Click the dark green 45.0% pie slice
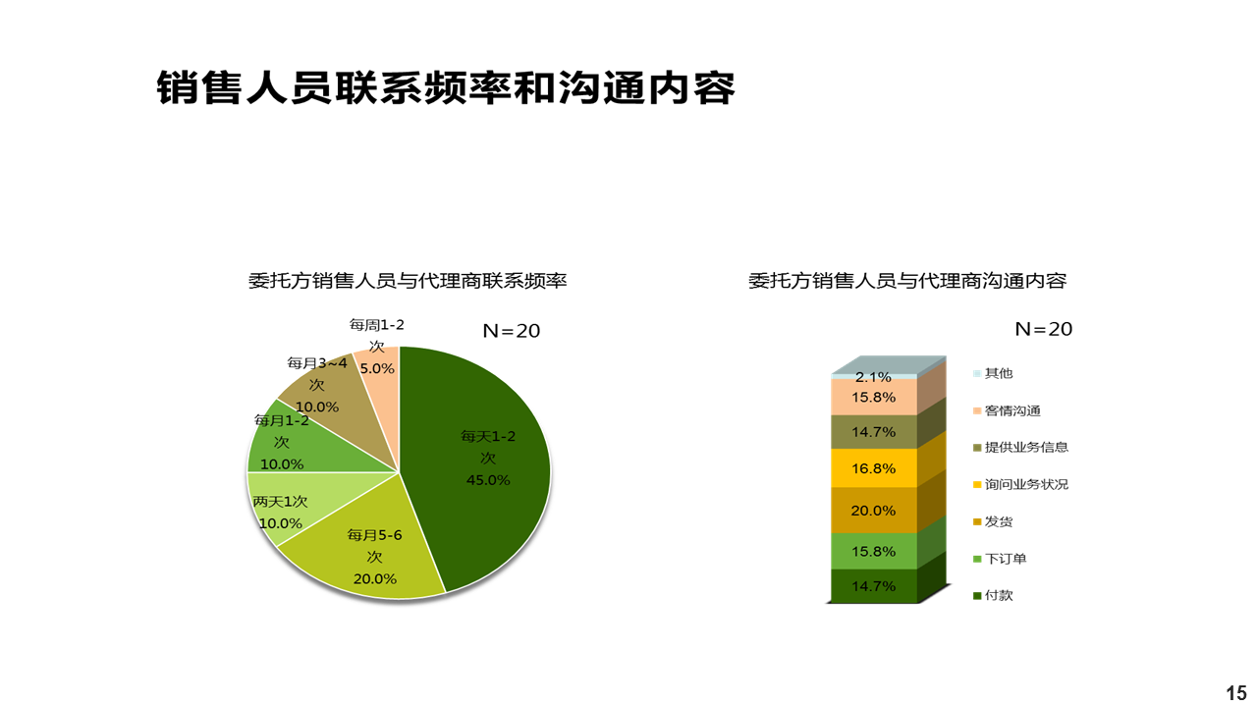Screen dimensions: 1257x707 point(482,465)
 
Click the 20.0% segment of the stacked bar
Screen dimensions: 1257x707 point(874,510)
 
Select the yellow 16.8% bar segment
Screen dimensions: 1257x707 point(874,468)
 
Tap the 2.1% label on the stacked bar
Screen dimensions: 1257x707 point(873,377)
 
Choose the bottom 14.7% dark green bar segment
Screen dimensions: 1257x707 point(874,586)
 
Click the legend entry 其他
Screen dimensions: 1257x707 point(993,373)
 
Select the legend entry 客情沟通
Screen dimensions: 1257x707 point(1007,410)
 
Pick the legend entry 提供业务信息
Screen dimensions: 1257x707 point(1020,447)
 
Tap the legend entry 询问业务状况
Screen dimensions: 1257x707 point(1020,484)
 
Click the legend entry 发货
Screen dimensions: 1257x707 point(993,521)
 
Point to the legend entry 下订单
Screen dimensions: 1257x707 point(1000,559)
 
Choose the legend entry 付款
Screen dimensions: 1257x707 point(993,595)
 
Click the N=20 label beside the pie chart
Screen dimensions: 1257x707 point(512,331)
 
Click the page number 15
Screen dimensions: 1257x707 point(1236,693)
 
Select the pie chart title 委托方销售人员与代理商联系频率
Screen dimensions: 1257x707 point(408,281)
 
